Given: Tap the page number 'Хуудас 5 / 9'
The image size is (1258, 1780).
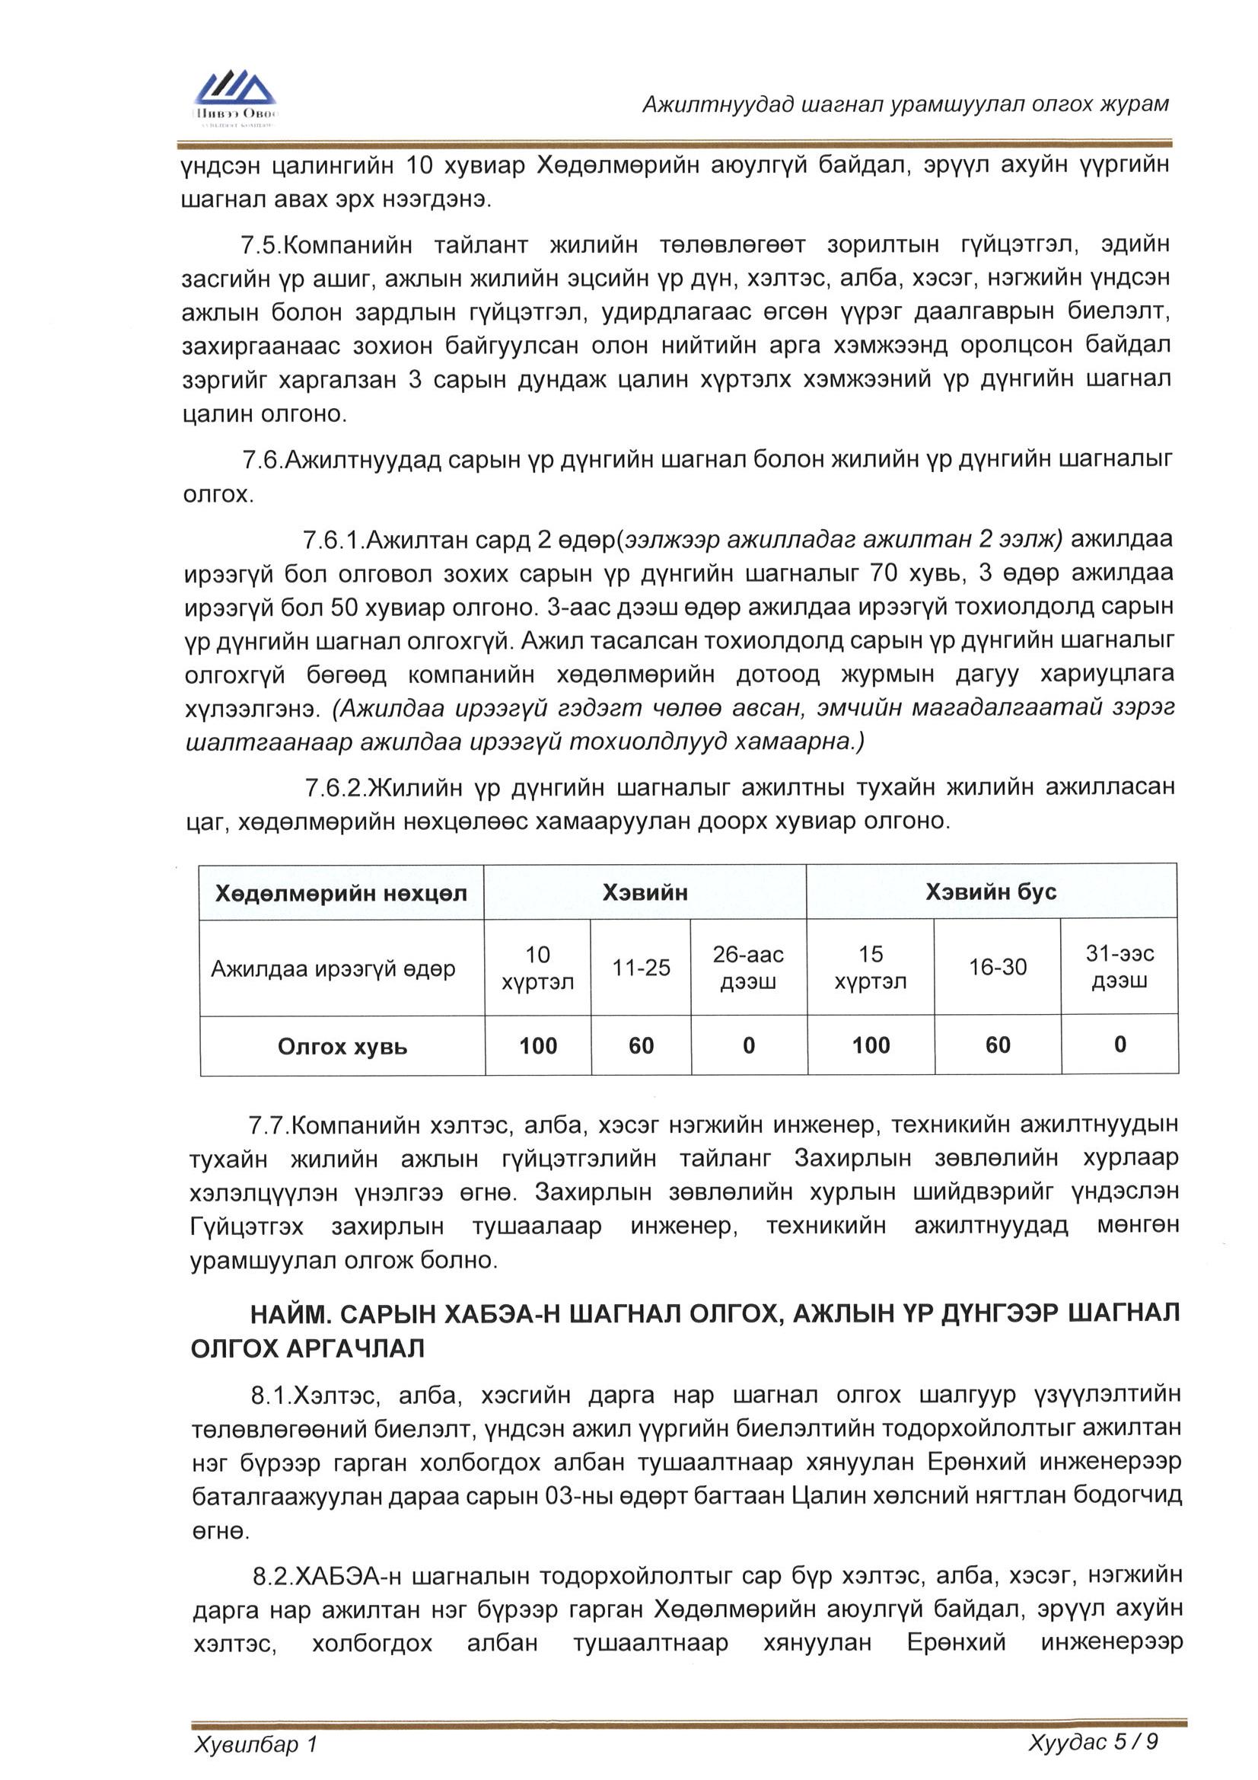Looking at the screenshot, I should pos(1092,1743).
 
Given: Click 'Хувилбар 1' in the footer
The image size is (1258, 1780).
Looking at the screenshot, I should pos(256,1745).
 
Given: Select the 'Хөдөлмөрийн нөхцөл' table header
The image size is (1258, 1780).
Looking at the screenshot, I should pos(341,894).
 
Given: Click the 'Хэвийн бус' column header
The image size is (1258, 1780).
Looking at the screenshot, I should pos(991,892).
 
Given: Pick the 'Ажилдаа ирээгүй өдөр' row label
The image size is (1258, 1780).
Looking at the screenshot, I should pos(333,968).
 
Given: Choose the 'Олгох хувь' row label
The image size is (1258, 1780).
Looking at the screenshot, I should pos(342,1047).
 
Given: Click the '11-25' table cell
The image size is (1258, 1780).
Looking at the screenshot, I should pos(641,968).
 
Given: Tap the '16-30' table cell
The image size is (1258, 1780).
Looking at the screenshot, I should pos(998,967).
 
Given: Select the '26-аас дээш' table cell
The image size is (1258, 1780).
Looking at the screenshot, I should pos(748,968).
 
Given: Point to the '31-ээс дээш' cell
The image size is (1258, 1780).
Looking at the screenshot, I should pos(1119,967).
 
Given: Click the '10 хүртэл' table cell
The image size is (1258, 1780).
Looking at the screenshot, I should pos(538,968).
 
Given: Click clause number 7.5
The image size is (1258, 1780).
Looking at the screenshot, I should pos(260,246).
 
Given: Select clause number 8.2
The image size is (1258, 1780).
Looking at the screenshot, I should pos(273,1577).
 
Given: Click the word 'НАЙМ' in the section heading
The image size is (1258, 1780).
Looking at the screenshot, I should pos(287,1314).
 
